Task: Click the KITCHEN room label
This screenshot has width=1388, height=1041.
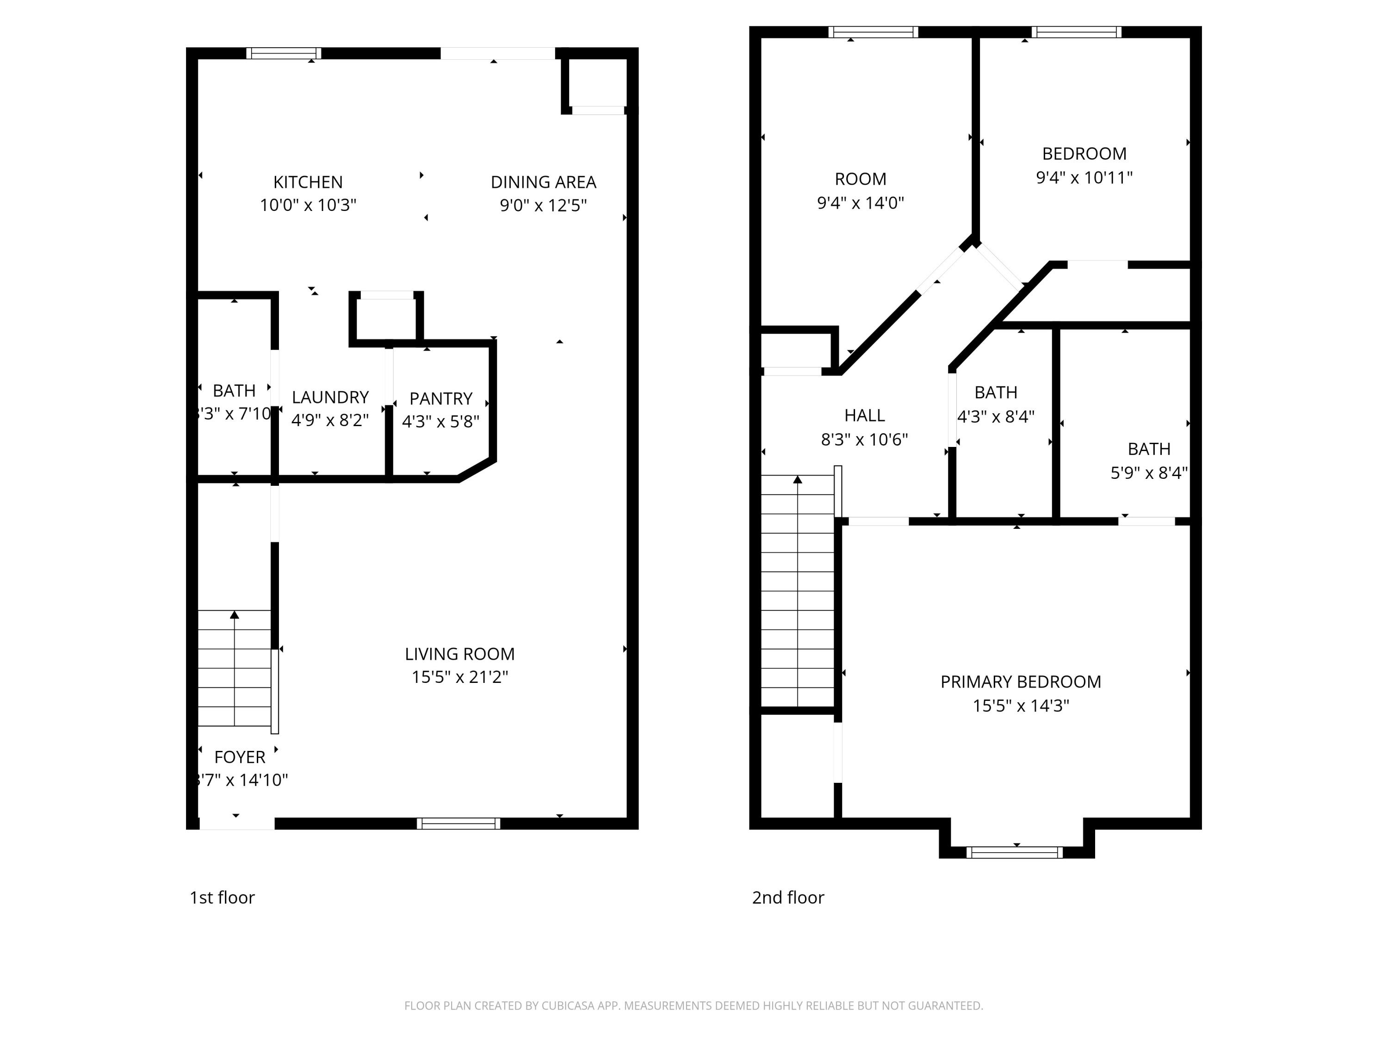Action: click(x=308, y=182)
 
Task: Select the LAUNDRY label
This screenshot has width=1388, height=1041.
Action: click(x=330, y=397)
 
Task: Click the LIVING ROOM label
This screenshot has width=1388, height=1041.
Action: click(x=459, y=654)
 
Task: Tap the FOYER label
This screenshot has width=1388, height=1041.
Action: click(x=240, y=757)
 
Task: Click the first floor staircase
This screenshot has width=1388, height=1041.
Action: click(x=234, y=668)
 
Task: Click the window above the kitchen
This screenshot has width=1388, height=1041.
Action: click(x=283, y=53)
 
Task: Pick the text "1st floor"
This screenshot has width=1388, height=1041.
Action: click(x=222, y=897)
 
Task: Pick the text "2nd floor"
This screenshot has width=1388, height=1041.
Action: click(x=787, y=897)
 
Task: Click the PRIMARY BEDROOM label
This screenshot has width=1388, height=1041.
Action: click(x=1020, y=682)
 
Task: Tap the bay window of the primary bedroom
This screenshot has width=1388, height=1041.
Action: click(x=1014, y=852)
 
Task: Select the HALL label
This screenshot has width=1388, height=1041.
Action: click(x=864, y=415)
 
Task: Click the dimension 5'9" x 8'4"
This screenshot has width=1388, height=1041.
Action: click(x=1148, y=472)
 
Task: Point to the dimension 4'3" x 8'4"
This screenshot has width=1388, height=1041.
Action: click(x=995, y=417)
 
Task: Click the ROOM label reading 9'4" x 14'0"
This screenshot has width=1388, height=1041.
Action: click(x=860, y=179)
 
